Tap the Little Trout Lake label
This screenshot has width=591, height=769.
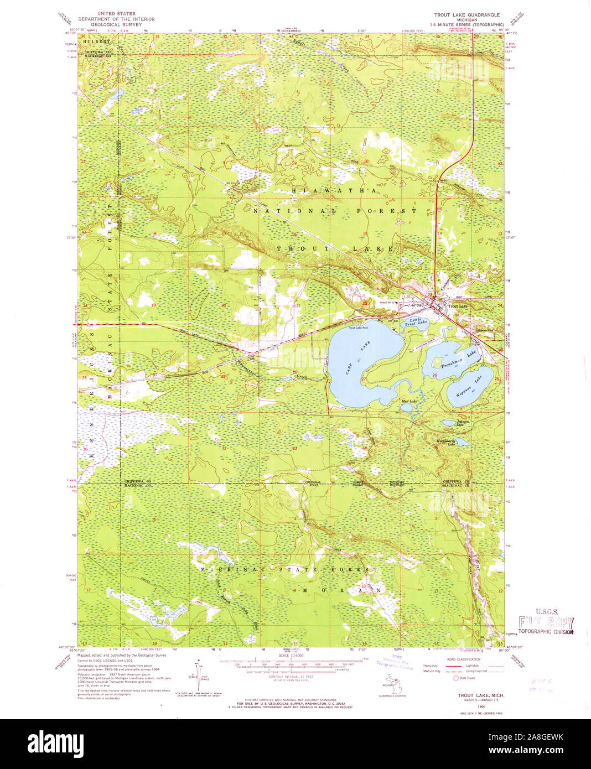(416, 322)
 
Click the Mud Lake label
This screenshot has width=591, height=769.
(408, 401)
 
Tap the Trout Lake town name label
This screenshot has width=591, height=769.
(458, 306)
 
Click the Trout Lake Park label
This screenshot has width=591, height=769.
(358, 328)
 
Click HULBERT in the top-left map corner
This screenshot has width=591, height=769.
(95, 41)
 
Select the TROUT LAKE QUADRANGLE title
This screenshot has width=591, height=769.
(467, 15)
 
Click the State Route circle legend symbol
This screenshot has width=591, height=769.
(456, 678)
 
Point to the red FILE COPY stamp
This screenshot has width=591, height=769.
(546, 624)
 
